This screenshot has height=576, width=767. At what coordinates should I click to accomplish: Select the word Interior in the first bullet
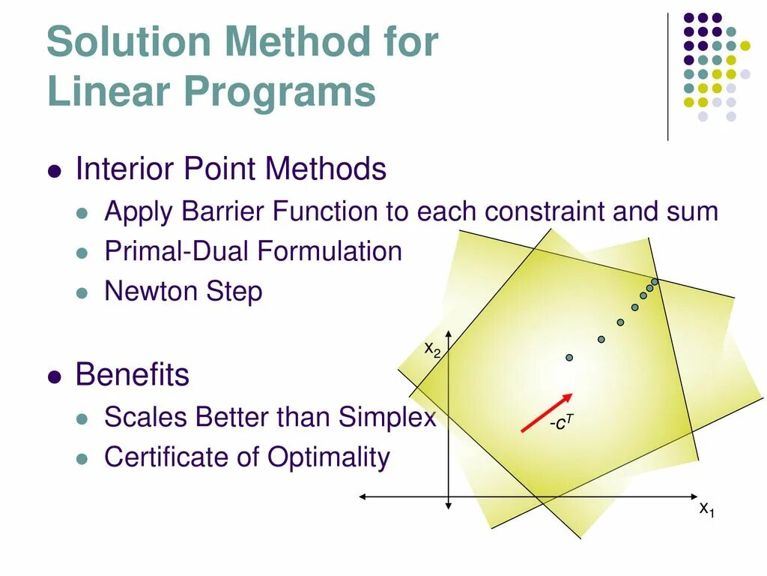[125, 169]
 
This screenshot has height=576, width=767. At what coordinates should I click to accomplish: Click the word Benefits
[132, 375]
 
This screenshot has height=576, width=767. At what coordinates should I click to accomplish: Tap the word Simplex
[387, 418]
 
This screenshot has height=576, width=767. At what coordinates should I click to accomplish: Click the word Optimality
[329, 458]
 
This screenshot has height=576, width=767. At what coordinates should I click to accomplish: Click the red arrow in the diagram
[547, 412]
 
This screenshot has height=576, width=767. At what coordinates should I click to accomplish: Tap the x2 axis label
[432, 349]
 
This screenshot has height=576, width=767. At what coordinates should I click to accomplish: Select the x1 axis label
[707, 509]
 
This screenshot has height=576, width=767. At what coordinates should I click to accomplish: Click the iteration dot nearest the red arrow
[569, 358]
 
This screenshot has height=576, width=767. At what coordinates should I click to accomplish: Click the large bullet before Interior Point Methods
[55, 172]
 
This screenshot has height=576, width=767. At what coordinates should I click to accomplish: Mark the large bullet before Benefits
[55, 377]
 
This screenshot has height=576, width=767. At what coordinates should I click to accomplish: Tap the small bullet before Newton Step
[82, 293]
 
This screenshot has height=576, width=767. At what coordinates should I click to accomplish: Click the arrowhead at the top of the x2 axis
[448, 334]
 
